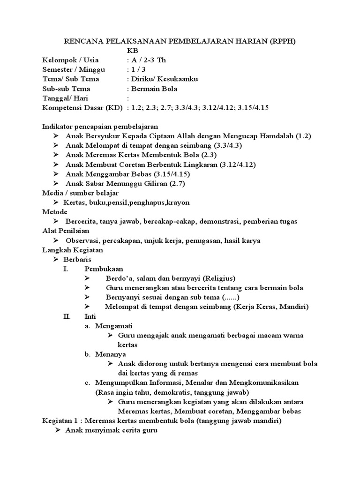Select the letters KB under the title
tap(133, 51)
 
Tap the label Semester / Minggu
tap(74, 70)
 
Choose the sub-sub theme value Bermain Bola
tap(154, 89)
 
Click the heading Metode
tap(55, 212)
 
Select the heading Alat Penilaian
tap(66, 231)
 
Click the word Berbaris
tap(78, 259)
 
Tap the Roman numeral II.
tap(66, 316)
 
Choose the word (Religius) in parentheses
tap(217, 278)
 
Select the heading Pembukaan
tap(104, 269)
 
